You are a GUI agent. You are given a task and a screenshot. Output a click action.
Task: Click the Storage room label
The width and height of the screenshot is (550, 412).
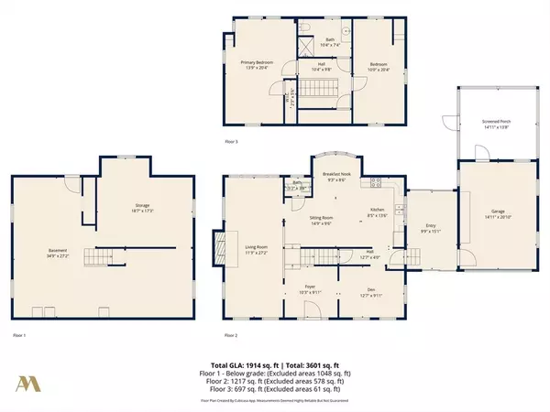[142, 206]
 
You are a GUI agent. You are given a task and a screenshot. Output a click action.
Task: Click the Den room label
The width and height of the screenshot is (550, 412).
[365, 291]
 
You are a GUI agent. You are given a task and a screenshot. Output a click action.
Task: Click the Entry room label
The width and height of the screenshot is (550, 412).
[430, 231]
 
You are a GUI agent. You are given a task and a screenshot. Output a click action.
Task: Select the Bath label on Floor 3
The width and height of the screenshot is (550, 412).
[331, 40]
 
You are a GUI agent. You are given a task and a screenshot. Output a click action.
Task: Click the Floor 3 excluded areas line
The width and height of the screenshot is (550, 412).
[275, 391]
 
